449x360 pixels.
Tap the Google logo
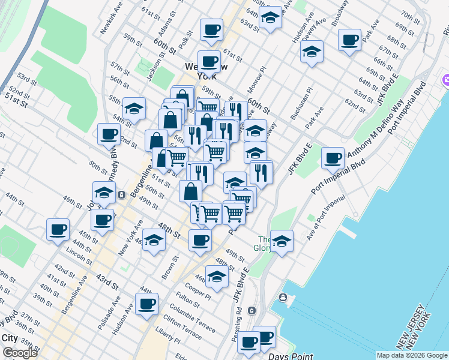tap(20, 352)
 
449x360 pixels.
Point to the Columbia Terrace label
tap(192, 318)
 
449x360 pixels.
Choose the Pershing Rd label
tap(238, 324)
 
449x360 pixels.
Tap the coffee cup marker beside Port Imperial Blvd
tap(333, 158)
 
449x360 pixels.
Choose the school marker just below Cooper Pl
tap(217, 277)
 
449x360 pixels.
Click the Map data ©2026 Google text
tap(412, 355)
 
